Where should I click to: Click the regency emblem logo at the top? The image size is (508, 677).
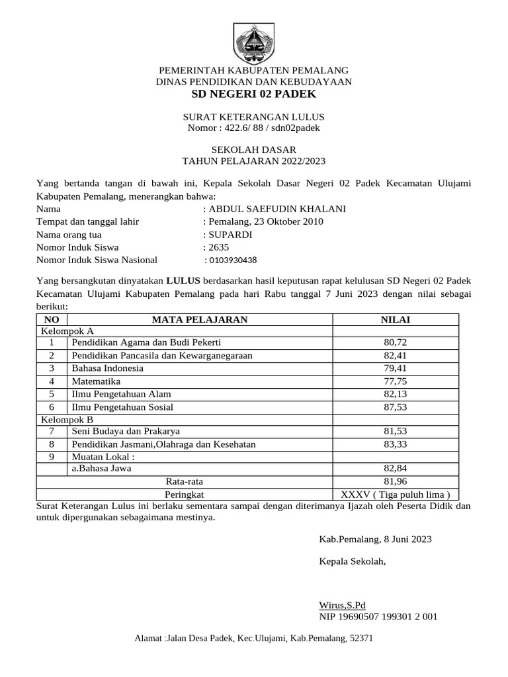[254, 41]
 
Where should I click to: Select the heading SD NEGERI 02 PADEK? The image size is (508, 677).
[254, 95]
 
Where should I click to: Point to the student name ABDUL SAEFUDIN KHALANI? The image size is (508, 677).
[276, 210]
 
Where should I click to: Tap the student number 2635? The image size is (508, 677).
[219, 247]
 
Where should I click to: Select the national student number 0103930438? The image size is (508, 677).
[232, 260]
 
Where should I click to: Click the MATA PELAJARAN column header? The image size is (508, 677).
[200, 319]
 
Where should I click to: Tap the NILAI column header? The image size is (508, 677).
[395, 319]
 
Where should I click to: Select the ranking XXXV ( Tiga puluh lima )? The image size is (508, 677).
[395, 495]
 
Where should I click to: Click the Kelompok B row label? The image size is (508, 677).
[67, 419]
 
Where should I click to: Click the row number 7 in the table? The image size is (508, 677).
[51, 431]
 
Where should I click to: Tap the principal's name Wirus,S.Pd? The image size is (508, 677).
[342, 605]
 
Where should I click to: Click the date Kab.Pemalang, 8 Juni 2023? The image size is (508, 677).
[375, 539]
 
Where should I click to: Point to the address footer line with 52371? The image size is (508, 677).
[254, 639]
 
